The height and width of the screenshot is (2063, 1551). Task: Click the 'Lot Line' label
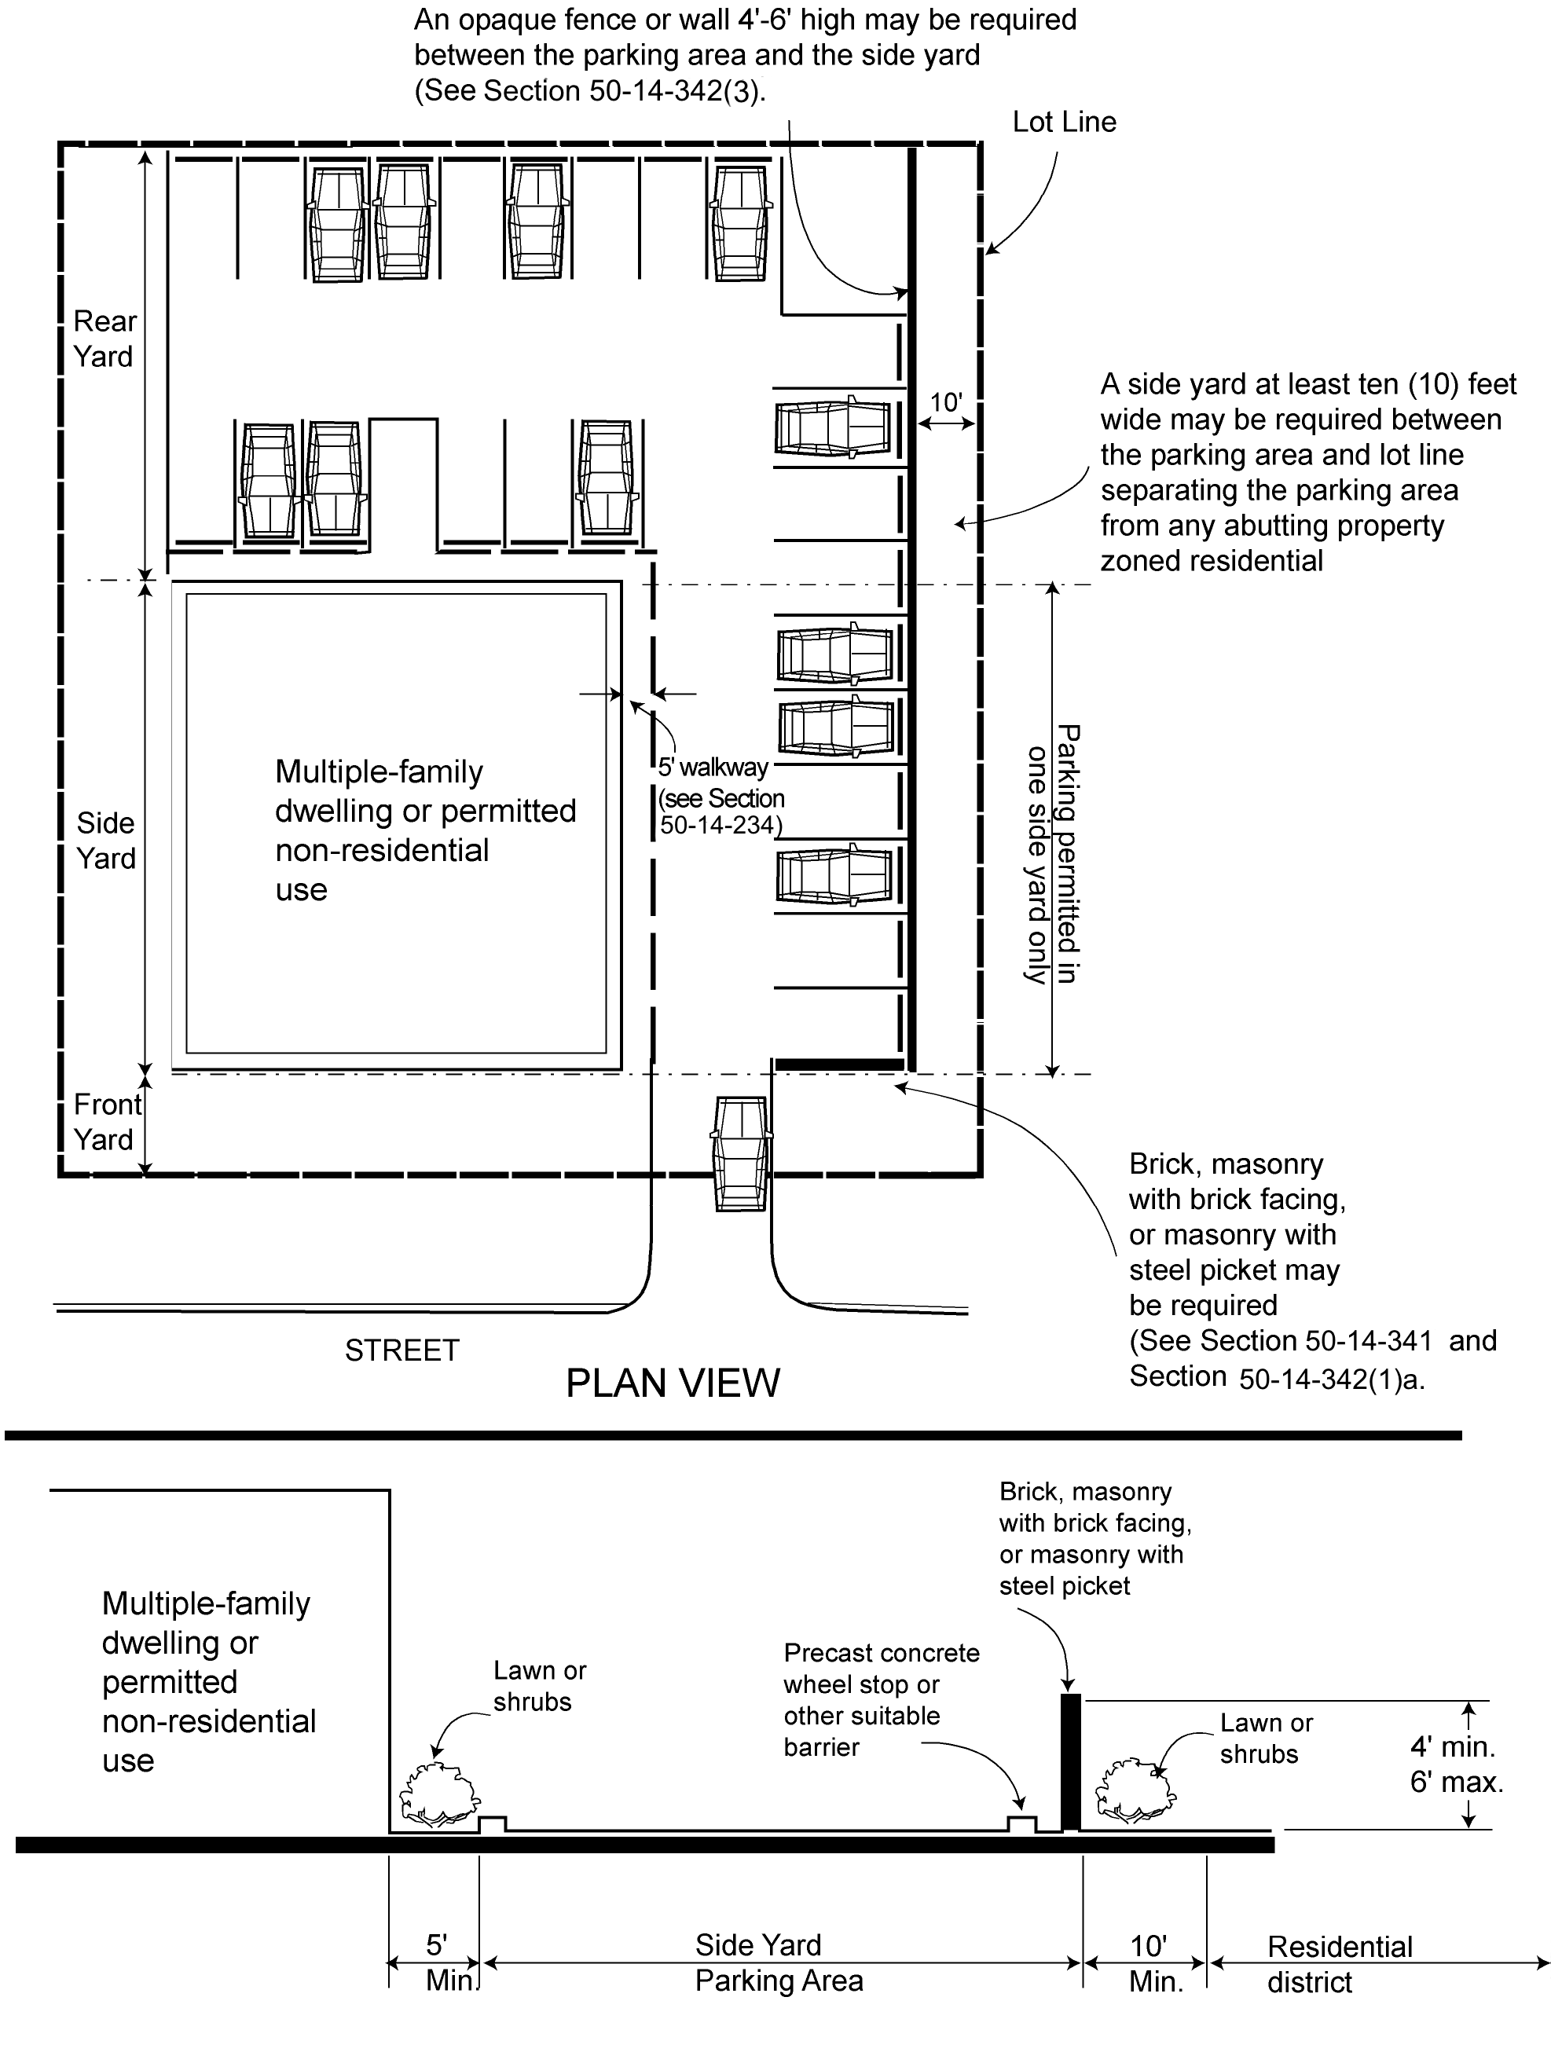[x=1064, y=123]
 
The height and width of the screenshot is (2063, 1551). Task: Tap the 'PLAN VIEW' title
[x=673, y=1383]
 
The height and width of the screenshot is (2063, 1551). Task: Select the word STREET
[x=402, y=1350]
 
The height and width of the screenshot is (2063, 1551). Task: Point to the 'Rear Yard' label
[x=104, y=339]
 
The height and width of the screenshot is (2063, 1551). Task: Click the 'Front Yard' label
[x=106, y=1121]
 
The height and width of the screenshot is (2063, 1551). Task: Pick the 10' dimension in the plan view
[x=946, y=403]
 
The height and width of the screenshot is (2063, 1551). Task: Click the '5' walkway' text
[x=713, y=768]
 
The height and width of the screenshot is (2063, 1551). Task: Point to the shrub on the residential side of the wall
[x=1135, y=1790]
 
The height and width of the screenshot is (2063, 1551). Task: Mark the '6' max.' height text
[x=1456, y=1783]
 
